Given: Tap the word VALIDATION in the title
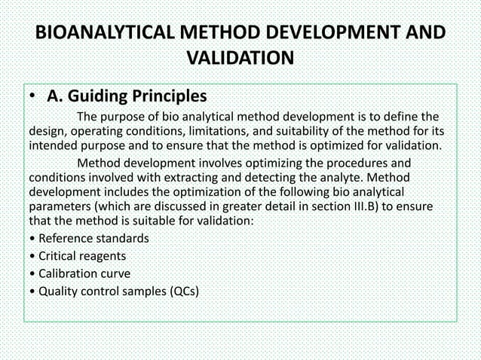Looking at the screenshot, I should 240,59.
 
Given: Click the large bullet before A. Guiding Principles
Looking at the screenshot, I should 32,97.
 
